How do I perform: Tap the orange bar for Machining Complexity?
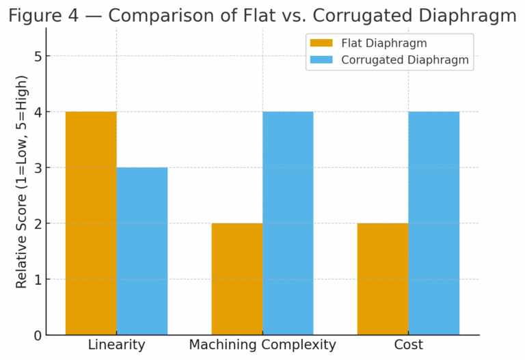237,279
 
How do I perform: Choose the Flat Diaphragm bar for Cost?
383,279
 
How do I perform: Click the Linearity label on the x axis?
116,345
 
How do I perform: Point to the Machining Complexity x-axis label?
262,345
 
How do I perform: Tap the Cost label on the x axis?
408,345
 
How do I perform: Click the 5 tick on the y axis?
38,56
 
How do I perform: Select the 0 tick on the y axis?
38,335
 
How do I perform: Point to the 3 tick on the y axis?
38,168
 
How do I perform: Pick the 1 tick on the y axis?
38,279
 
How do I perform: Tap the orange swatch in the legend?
321,44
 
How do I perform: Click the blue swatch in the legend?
321,60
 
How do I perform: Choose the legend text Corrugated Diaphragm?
405,60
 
